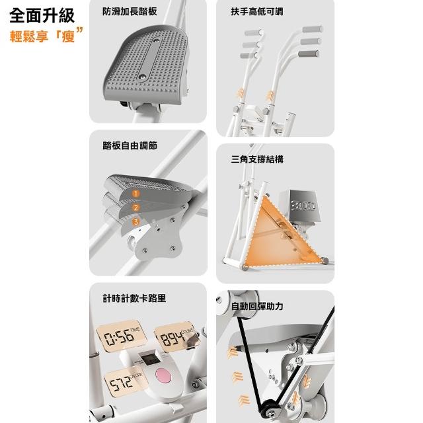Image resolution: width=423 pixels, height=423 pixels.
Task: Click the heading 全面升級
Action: click(x=42, y=16)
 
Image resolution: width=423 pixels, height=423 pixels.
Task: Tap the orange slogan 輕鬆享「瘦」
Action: click(x=46, y=35)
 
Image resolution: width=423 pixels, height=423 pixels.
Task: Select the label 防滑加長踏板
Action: click(x=130, y=11)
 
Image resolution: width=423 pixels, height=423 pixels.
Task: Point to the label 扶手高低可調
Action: click(x=257, y=12)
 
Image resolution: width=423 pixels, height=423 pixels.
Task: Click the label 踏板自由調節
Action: click(x=130, y=145)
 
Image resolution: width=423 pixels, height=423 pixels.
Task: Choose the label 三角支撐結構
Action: click(x=257, y=159)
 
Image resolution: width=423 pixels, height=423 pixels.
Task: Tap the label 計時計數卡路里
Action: click(x=134, y=298)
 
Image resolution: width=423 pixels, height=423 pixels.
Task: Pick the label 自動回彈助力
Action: click(x=257, y=306)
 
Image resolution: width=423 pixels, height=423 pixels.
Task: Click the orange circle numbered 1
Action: click(x=136, y=194)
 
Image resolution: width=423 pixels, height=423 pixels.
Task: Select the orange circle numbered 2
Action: click(x=136, y=208)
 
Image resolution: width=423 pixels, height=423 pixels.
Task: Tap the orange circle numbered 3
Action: click(x=136, y=221)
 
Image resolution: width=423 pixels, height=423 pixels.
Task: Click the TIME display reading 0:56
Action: click(x=121, y=336)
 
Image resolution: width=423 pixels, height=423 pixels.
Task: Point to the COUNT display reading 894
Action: click(x=175, y=337)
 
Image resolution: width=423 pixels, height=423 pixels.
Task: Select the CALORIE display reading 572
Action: click(x=125, y=381)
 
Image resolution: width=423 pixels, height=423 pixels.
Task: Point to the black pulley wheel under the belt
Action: click(x=268, y=408)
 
